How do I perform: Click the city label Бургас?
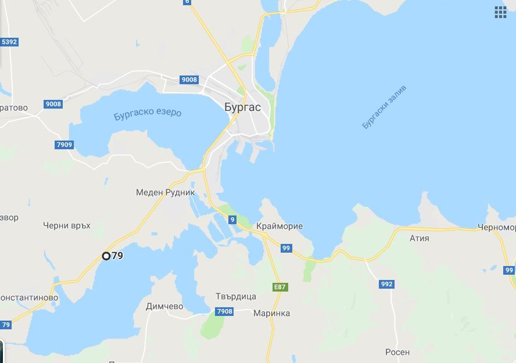pyautogui.click(x=242, y=107)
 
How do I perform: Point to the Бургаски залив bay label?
pyautogui.click(x=384, y=107)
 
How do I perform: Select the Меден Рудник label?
pyautogui.click(x=166, y=192)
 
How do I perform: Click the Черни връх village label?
pyautogui.click(x=67, y=225)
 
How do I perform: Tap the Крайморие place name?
pyautogui.click(x=279, y=226)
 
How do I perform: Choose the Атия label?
pyautogui.click(x=419, y=238)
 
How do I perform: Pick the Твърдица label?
pyautogui.click(x=236, y=296)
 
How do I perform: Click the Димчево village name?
pyautogui.click(x=164, y=306)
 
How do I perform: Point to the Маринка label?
pyautogui.click(x=271, y=313)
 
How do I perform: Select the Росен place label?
pyautogui.click(x=397, y=352)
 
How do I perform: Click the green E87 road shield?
pyautogui.click(x=280, y=287)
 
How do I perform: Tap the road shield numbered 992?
pyautogui.click(x=386, y=284)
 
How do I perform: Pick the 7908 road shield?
pyautogui.click(x=224, y=312)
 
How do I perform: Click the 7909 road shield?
pyautogui.click(x=64, y=145)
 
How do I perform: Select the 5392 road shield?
pyautogui.click(x=9, y=42)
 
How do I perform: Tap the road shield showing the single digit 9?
pyautogui.click(x=232, y=220)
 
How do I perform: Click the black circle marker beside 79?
pyautogui.click(x=106, y=256)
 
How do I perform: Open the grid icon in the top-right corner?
pyautogui.click(x=500, y=13)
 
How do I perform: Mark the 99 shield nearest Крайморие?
pyautogui.click(x=286, y=248)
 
